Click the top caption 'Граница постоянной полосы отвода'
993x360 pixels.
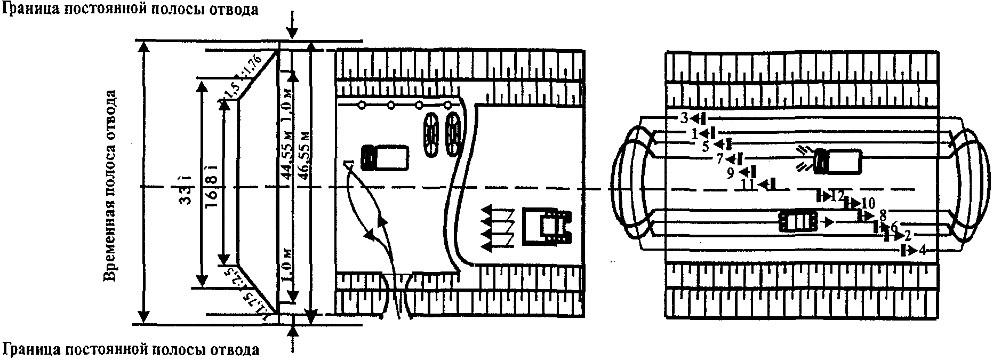(x=130, y=9)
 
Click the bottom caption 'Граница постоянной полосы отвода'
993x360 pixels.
(x=130, y=350)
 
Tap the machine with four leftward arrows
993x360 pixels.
(x=547, y=226)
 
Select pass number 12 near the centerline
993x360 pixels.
(x=837, y=196)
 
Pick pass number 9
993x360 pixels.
(x=731, y=172)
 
